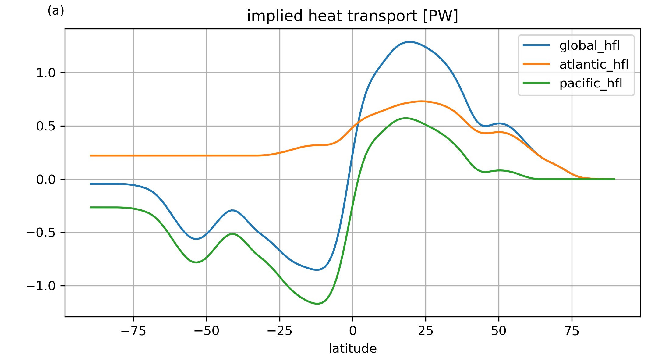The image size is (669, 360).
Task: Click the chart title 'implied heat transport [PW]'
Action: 352,16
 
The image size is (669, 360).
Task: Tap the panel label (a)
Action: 56,11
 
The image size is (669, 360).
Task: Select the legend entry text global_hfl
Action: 589,45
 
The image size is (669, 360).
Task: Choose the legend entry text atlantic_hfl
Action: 594,64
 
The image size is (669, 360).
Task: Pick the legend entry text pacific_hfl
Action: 591,83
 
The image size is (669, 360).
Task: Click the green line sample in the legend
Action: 536,83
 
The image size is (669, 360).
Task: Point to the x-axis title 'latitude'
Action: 352,348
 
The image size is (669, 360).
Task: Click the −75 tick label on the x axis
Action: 133,331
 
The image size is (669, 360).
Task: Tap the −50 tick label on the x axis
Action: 207,331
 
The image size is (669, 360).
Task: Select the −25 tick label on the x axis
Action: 279,331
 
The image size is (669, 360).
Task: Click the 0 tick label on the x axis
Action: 352,331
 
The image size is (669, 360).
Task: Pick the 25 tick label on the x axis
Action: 426,331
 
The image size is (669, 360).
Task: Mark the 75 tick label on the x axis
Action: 572,331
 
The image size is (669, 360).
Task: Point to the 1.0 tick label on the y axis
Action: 46,73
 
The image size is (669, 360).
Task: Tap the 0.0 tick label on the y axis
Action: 46,180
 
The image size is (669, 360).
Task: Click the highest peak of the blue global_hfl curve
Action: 409,42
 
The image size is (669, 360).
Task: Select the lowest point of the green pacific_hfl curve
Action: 317,304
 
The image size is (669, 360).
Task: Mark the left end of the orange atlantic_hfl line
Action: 90,155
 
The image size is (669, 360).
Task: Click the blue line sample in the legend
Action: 536,45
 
